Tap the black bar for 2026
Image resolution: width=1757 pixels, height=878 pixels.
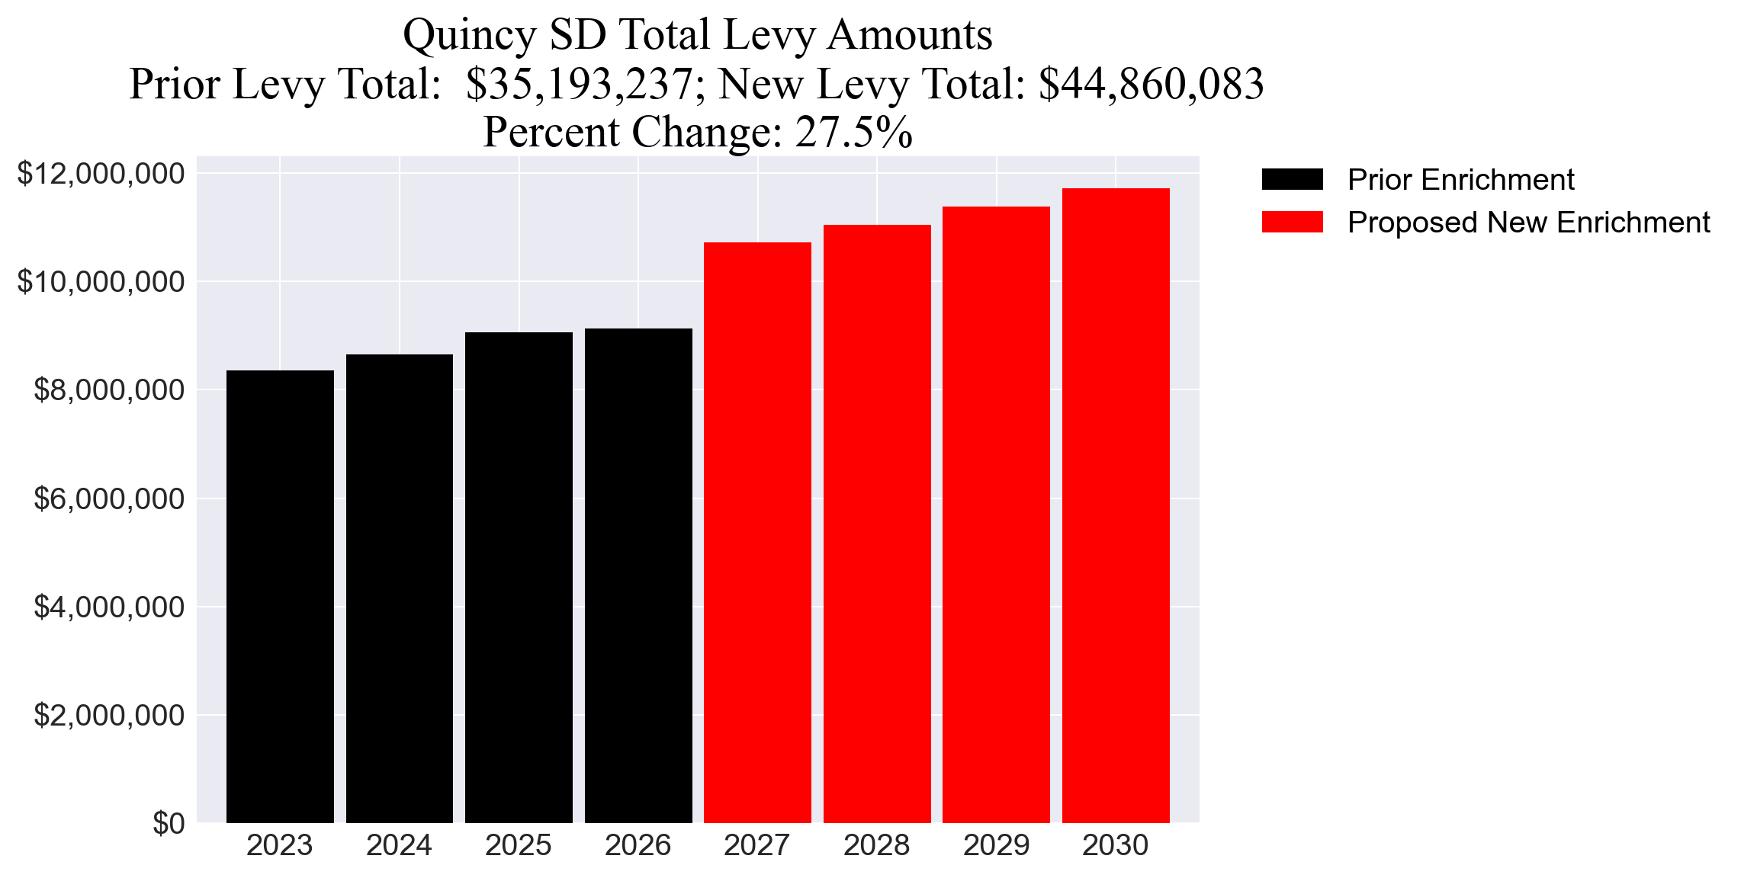click(x=638, y=575)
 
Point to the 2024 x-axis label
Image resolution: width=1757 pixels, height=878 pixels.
click(x=399, y=845)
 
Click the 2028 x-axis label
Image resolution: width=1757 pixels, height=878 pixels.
click(x=876, y=845)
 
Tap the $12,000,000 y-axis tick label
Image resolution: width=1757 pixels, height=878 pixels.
click(x=101, y=174)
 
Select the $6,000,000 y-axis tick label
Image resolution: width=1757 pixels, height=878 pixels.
click(x=109, y=498)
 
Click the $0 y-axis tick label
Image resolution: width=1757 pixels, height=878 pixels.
click(x=169, y=824)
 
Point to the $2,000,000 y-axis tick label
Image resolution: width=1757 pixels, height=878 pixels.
click(x=109, y=716)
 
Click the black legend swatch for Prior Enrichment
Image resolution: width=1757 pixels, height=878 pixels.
click(x=1292, y=180)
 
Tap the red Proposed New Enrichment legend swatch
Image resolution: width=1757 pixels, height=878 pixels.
click(x=1292, y=223)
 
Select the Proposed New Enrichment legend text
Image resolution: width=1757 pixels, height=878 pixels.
click(x=1528, y=223)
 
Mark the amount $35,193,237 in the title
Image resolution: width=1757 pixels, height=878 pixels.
click(x=580, y=84)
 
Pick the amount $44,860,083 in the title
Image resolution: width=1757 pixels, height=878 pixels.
click(x=1151, y=84)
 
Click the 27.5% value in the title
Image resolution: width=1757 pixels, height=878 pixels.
click(x=853, y=132)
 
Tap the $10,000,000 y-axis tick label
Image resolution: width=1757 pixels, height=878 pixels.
click(x=101, y=282)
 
